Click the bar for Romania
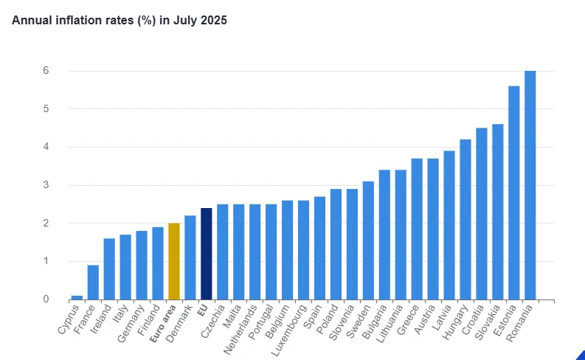[x=530, y=185]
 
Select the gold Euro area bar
[x=174, y=261]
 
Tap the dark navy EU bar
[x=207, y=254]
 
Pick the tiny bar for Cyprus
[x=77, y=297]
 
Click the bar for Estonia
[x=513, y=193]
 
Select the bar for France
[x=93, y=282]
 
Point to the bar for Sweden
[x=368, y=240]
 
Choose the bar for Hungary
[x=465, y=219]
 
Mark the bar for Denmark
[x=190, y=257]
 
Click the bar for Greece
[x=417, y=229]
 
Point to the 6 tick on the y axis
[x=45, y=71]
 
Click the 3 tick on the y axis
[x=45, y=185]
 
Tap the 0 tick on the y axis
[x=45, y=300]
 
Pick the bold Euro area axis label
[x=162, y=325]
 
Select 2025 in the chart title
[x=213, y=20]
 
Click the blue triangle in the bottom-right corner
[x=581, y=356]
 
